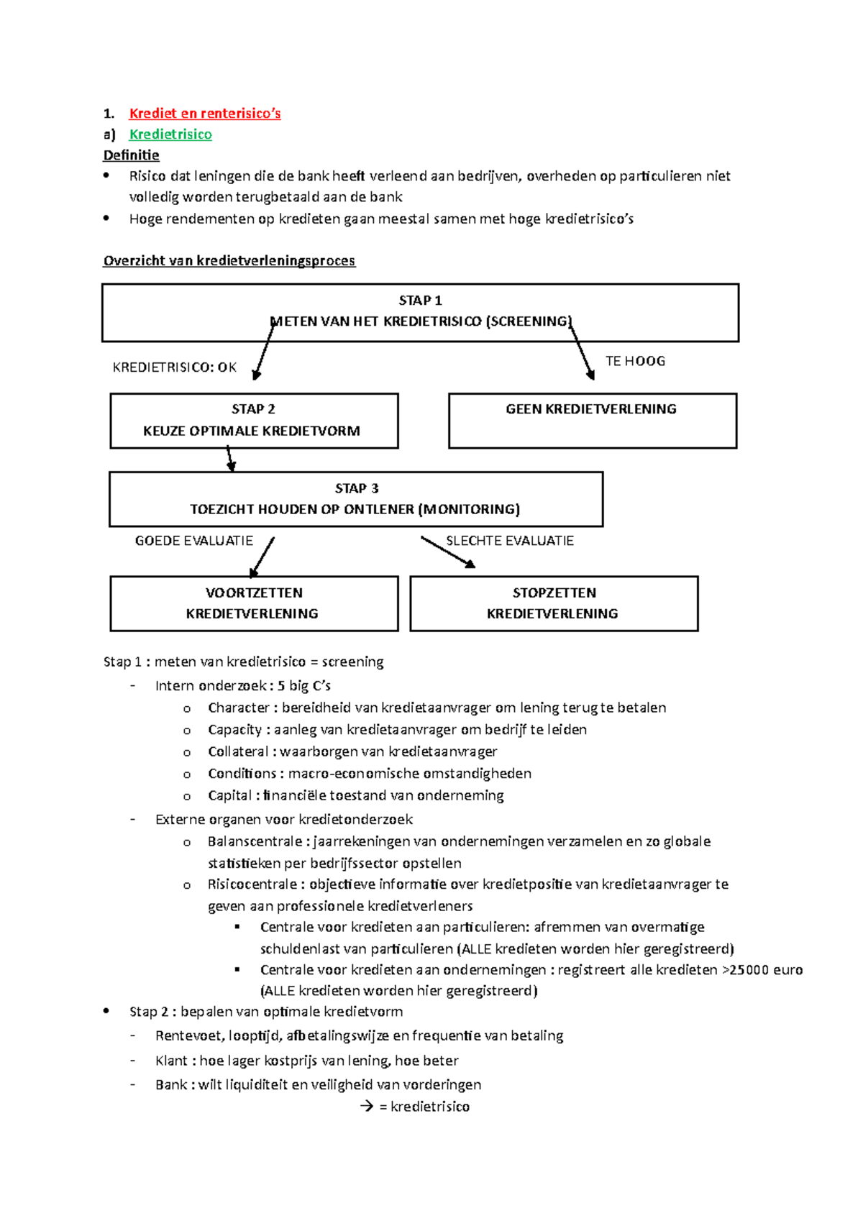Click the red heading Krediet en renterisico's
(204, 113)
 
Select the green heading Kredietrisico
(170, 134)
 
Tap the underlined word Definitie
(131, 155)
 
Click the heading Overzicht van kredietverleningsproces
(229, 260)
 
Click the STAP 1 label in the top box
(420, 301)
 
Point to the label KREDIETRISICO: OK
(174, 367)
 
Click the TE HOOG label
(635, 361)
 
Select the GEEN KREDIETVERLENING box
(592, 420)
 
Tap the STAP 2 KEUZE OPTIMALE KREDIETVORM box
(253, 420)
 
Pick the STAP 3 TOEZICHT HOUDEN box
(355, 499)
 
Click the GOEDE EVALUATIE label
(193, 541)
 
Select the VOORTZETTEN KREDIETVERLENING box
(253, 603)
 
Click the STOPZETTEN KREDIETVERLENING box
(553, 603)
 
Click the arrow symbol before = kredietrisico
(367, 1106)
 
